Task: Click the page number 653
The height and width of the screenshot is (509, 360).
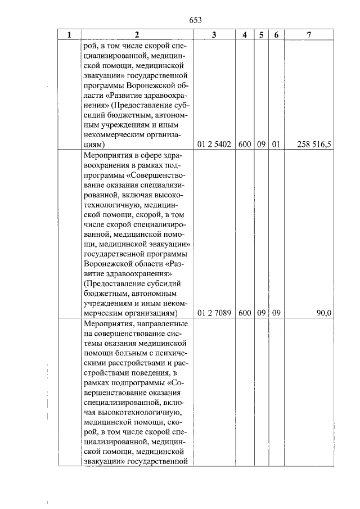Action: click(x=195, y=21)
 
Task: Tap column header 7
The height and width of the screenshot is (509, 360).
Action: click(x=309, y=35)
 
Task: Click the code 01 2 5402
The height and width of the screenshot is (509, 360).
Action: click(x=214, y=144)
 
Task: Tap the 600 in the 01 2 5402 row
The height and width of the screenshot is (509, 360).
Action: click(x=244, y=144)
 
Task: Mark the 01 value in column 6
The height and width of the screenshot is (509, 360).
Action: click(x=276, y=144)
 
